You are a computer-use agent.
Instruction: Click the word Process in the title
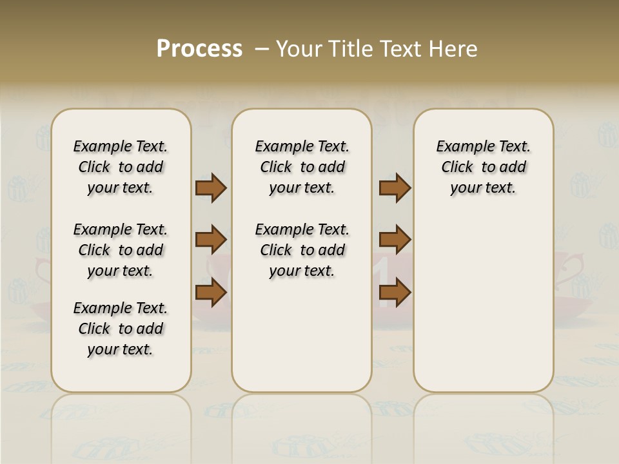[x=199, y=49]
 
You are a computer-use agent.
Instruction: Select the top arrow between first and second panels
[x=211, y=188]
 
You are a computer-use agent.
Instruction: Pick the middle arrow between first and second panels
[x=211, y=240]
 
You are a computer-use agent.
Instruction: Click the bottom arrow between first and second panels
[x=211, y=292]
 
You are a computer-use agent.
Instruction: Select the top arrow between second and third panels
[x=395, y=188]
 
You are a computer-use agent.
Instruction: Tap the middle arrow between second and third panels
[x=395, y=240]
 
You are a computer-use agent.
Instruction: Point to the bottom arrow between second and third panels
[x=395, y=292]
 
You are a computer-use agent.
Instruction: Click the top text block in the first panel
[x=121, y=167]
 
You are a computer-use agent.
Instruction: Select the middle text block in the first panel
[x=121, y=250]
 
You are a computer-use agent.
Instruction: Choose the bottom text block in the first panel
[x=121, y=329]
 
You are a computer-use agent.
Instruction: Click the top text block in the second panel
[x=302, y=167]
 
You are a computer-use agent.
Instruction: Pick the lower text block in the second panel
[x=302, y=250]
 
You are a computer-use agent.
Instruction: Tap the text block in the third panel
[x=483, y=167]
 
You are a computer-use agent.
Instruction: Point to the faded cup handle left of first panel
[x=43, y=271]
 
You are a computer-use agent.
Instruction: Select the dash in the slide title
[x=261, y=49]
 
